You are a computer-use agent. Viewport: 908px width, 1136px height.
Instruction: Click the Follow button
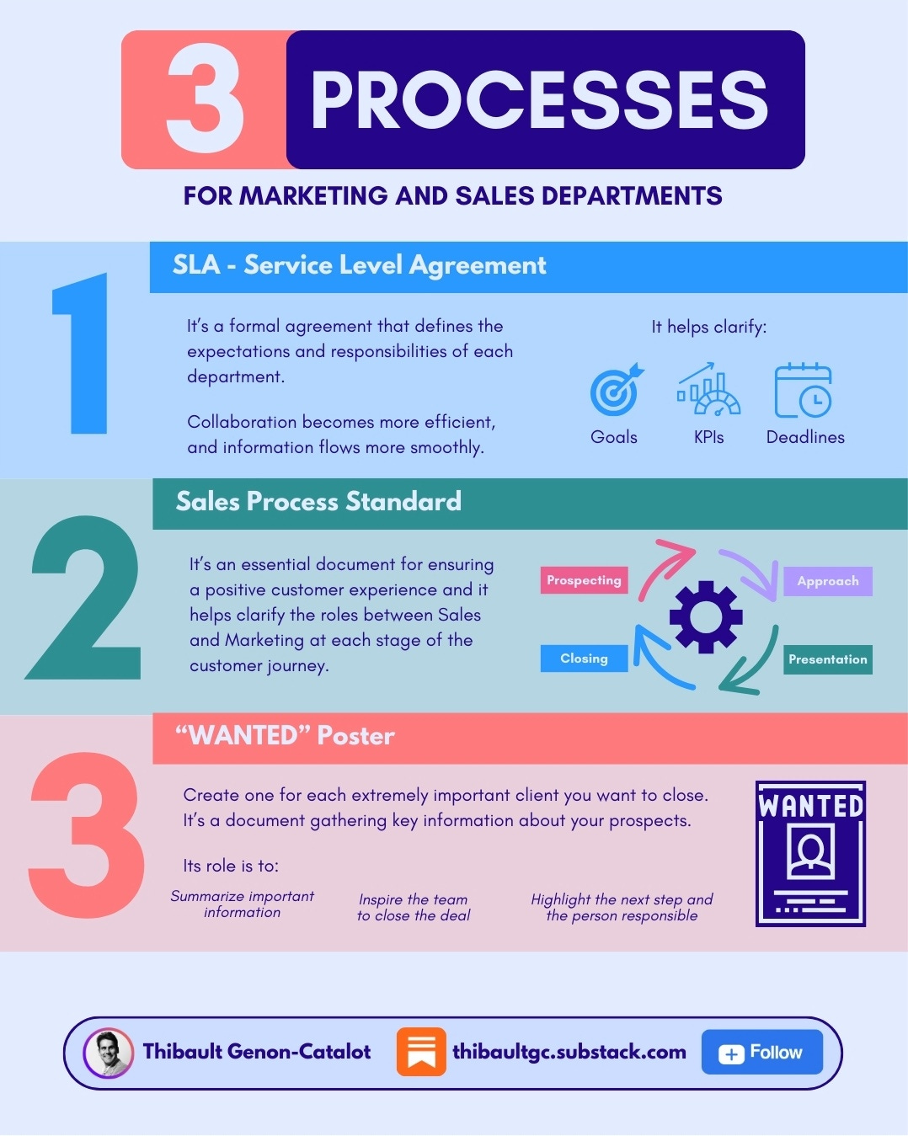click(x=761, y=1052)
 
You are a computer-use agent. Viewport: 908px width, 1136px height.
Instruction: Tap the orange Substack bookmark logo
click(x=421, y=1052)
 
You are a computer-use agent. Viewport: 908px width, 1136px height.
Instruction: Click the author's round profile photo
click(x=109, y=1053)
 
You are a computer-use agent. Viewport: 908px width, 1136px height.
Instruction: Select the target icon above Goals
click(x=616, y=390)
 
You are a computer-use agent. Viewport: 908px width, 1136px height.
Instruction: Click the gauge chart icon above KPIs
click(x=708, y=390)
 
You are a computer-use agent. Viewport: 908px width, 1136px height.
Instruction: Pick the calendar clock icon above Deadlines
click(x=803, y=390)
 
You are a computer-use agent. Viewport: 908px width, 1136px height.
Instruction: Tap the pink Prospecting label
click(x=584, y=580)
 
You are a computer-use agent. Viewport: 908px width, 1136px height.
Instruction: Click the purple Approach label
click(x=828, y=581)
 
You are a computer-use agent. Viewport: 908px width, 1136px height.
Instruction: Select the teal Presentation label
click(x=828, y=659)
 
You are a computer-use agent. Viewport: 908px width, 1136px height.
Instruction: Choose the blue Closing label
click(x=584, y=659)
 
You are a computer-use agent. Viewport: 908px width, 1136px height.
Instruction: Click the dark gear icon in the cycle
click(x=706, y=616)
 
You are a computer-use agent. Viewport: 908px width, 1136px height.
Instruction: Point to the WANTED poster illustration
click(x=810, y=853)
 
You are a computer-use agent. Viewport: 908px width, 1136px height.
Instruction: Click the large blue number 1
click(x=83, y=354)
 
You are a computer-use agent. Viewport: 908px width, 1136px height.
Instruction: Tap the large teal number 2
click(x=84, y=598)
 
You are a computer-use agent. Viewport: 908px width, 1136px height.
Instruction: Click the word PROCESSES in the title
click(x=539, y=100)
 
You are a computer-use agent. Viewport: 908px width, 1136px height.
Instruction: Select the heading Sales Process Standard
click(x=318, y=502)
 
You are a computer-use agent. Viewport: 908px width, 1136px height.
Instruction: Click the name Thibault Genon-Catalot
click(x=257, y=1052)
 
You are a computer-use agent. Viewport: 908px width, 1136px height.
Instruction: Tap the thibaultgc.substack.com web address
click(x=569, y=1052)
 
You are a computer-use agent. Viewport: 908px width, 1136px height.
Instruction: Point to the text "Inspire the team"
click(x=413, y=899)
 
